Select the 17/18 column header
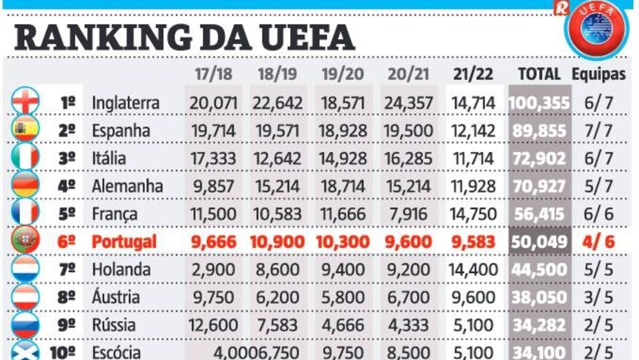[214, 74]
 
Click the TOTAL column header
[539, 74]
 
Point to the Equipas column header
[599, 74]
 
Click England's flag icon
[25, 102]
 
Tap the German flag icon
[25, 186]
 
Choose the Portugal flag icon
[25, 241]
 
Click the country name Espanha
[121, 130]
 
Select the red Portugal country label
[124, 242]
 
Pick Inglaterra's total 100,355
[539, 103]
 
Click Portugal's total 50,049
[539, 242]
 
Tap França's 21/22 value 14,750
[473, 214]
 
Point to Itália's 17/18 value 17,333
[214, 159]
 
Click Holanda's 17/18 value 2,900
[214, 269]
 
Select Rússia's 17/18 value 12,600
[214, 325]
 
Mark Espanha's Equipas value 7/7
[599, 130]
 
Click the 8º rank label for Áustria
[67, 297]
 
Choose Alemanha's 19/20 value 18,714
[343, 186]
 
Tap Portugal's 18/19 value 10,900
[278, 242]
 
